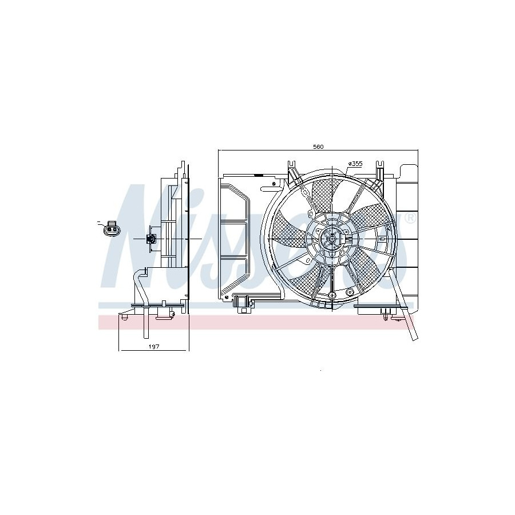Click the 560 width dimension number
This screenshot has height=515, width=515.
pos(318,147)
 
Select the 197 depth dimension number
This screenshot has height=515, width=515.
pos(154,347)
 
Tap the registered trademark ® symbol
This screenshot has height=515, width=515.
pos(410,218)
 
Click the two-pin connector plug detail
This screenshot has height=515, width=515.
pos(112,228)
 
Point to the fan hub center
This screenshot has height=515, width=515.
pos(332,239)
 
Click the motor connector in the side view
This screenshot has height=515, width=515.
pos(152,239)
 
